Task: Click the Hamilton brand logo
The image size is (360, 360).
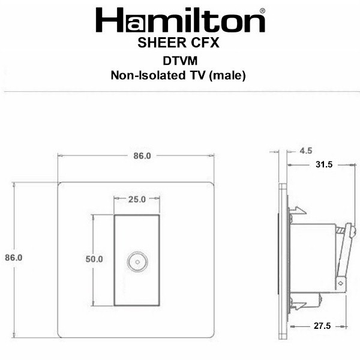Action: coord(181,20)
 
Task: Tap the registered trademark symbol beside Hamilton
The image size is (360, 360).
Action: coord(262,11)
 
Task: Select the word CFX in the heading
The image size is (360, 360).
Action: coord(205,43)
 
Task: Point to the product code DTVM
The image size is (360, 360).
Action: coord(180,61)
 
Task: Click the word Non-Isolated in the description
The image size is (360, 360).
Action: coord(148,76)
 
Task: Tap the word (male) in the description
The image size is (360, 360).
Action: coord(227,76)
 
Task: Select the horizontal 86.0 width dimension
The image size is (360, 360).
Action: coord(142,156)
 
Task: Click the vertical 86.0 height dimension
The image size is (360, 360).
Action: coord(14,257)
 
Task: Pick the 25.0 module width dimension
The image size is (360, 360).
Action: coord(137,199)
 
